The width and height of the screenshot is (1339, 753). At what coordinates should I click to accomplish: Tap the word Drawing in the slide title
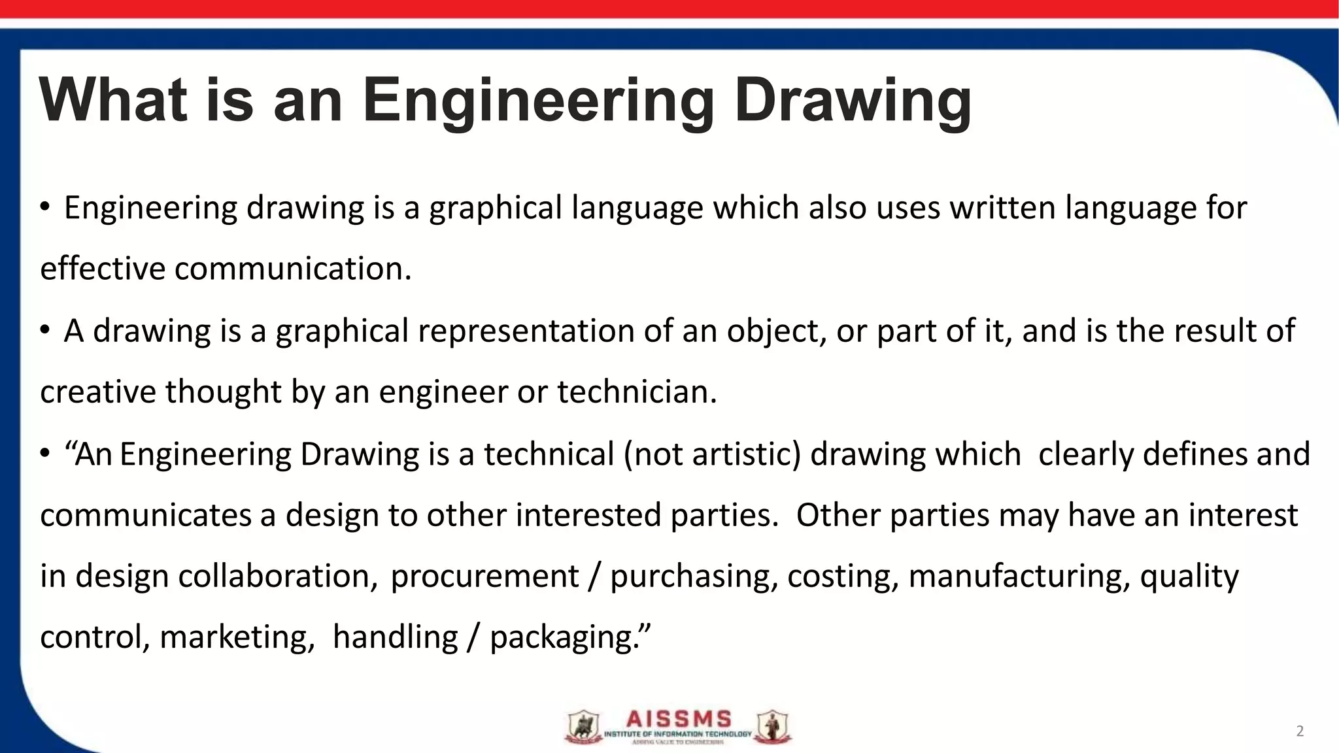click(x=853, y=101)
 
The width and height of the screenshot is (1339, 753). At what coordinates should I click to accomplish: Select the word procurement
click(x=484, y=576)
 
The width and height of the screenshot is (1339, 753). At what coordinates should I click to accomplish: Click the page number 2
click(x=1300, y=731)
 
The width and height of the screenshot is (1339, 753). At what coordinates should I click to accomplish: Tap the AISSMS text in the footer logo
click(x=679, y=720)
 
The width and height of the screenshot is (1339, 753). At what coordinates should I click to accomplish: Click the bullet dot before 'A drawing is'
click(x=44, y=331)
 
